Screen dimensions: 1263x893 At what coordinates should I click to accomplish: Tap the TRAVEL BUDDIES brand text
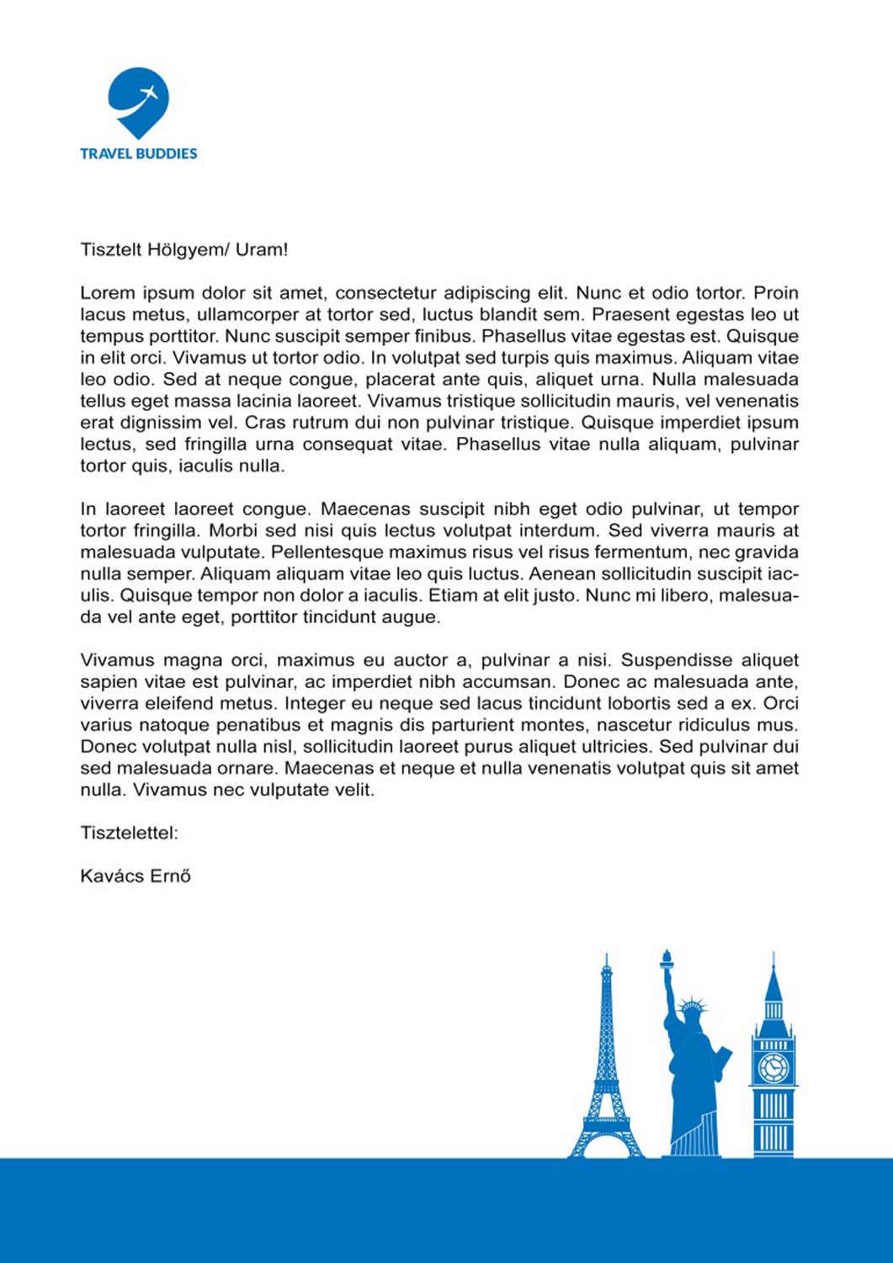[x=139, y=153]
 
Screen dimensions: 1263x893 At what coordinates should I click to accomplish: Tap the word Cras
[x=263, y=423]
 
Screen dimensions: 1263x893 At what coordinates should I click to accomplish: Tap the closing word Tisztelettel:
[x=129, y=834]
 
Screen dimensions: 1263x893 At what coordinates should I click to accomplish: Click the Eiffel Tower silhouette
[x=606, y=1078]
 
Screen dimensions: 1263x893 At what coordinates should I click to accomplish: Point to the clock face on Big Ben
[x=773, y=1068]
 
